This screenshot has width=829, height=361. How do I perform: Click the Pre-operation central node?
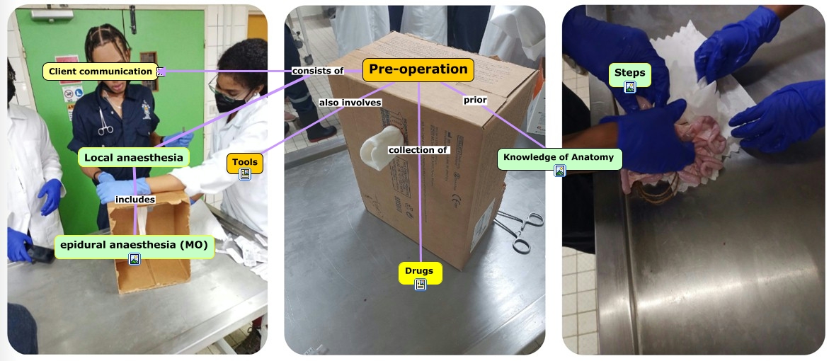[418, 69]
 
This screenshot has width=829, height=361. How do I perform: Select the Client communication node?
[100, 71]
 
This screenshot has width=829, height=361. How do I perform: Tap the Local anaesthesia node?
[134, 158]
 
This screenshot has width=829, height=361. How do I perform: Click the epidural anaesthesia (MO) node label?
[134, 245]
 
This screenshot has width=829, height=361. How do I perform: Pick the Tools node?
[245, 162]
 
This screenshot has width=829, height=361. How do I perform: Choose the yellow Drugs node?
[419, 270]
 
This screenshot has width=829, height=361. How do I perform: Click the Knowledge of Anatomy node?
[559, 156]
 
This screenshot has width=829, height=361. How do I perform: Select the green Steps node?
[629, 73]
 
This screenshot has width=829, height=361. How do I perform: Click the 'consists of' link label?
[318, 71]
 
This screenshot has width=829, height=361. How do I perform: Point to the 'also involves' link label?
[350, 103]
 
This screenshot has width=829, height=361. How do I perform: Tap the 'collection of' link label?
[418, 150]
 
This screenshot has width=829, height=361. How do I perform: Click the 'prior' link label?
[475, 100]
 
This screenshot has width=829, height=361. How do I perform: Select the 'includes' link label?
[135, 200]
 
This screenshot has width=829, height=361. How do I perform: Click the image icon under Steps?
[630, 87]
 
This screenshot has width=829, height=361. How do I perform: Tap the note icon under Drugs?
[420, 285]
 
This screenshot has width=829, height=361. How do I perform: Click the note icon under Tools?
[245, 174]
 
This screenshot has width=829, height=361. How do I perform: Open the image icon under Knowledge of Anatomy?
[559, 171]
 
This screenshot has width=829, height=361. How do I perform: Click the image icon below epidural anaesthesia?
[134, 259]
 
